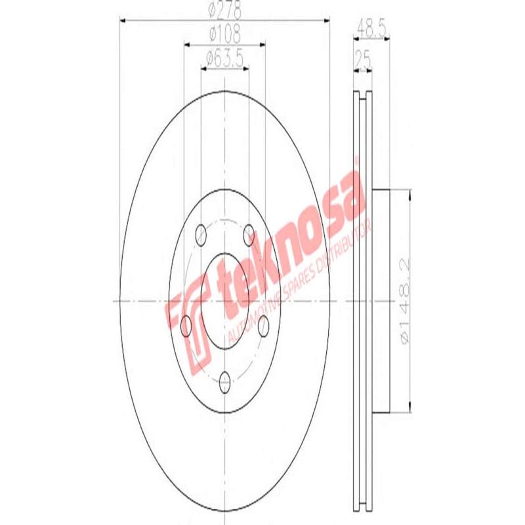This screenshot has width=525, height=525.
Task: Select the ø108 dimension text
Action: pyautogui.click(x=225, y=32)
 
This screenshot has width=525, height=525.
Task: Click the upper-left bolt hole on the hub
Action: pyautogui.click(x=201, y=234)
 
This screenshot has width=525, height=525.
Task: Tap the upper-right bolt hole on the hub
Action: pyautogui.click(x=249, y=234)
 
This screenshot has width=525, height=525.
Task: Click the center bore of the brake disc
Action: pyautogui.click(x=225, y=300)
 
